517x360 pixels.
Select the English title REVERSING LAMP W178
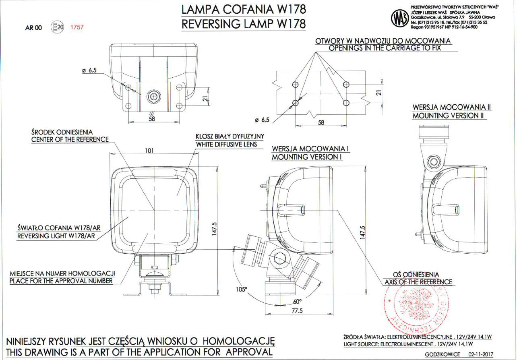(243, 24)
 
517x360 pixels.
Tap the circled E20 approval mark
(57, 27)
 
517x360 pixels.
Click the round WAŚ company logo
(400, 18)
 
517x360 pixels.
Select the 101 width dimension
(149, 151)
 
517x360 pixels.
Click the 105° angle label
(242, 289)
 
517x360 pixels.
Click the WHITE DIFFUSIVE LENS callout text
(226, 144)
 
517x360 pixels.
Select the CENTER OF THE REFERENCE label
(70, 139)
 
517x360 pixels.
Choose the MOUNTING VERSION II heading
(449, 116)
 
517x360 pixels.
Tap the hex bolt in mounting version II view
(434, 162)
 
